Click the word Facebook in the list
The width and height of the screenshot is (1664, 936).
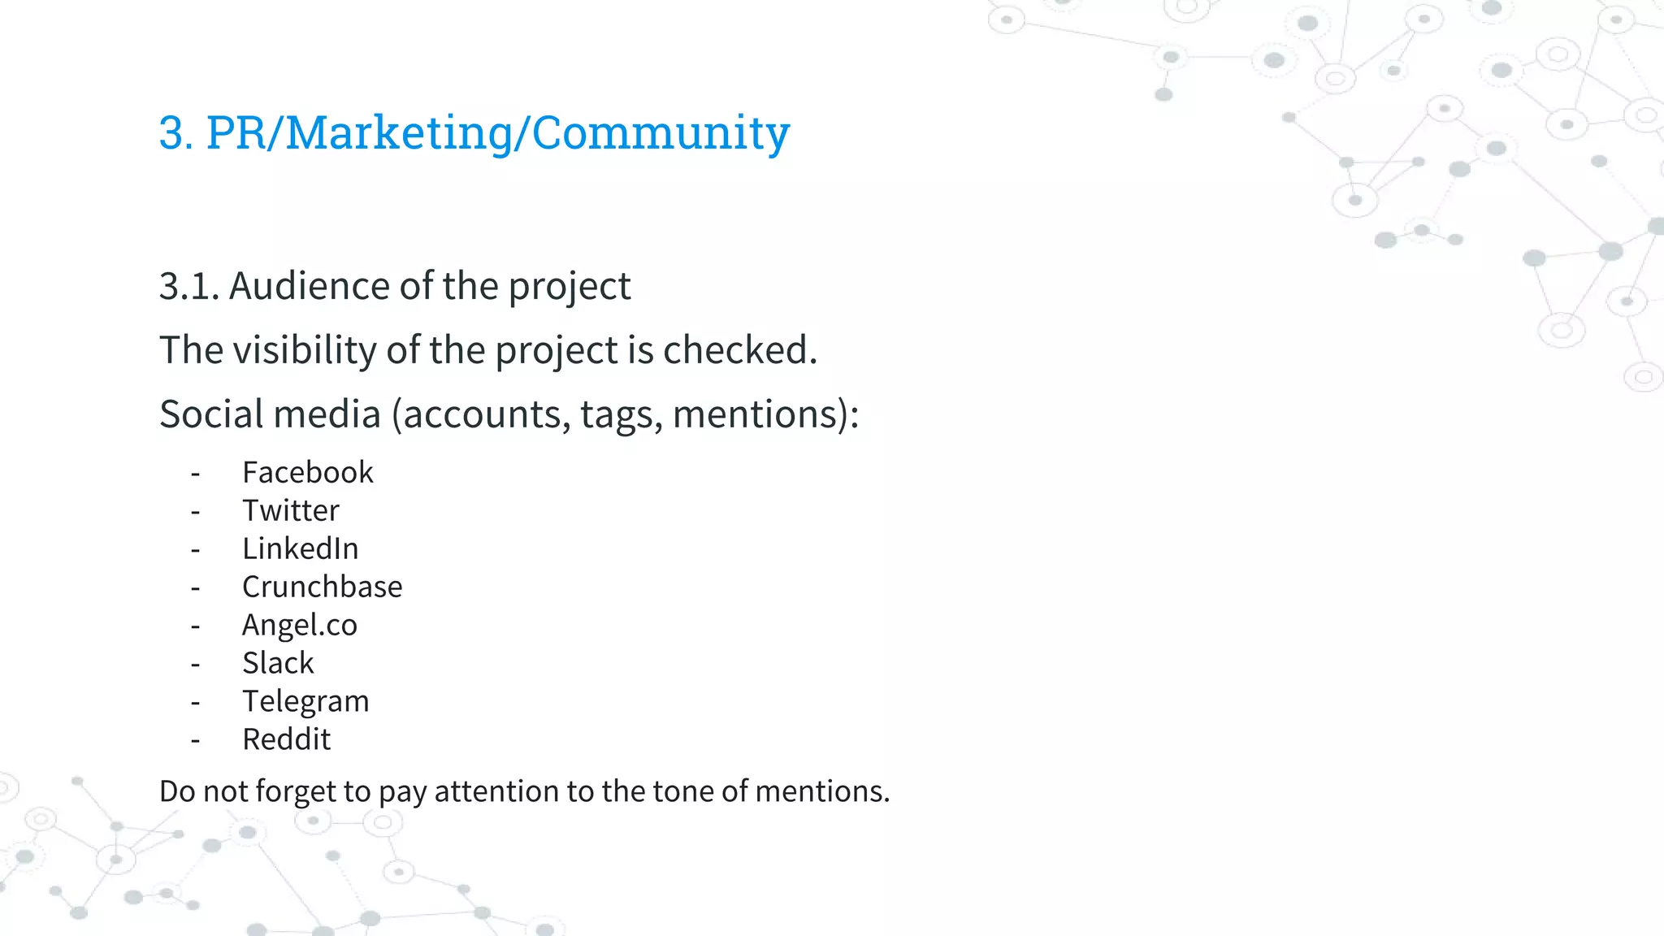[x=307, y=472]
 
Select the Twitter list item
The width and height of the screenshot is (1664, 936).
[x=290, y=510]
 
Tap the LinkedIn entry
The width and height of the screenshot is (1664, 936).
[x=300, y=548]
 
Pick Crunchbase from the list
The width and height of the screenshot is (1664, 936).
[x=322, y=587]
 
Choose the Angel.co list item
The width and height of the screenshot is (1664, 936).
[x=299, y=625]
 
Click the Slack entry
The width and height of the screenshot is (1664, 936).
[x=277, y=663]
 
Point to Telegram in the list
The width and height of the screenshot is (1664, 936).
[x=305, y=701]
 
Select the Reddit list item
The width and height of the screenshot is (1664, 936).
[x=286, y=739]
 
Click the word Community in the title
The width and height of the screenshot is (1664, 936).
[x=661, y=132]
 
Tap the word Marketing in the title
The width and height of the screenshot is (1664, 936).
[x=399, y=132]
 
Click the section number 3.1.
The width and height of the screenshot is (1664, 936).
[x=188, y=286]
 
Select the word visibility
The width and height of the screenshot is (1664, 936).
[x=305, y=350]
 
